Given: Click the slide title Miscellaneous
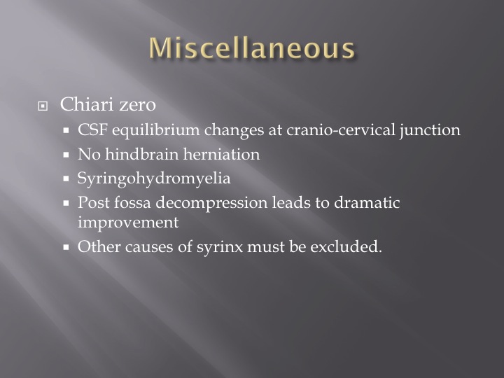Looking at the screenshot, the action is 252,48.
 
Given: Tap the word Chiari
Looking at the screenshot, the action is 87,104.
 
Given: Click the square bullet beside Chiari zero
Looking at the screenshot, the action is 43,106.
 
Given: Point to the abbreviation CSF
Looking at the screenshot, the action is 92,130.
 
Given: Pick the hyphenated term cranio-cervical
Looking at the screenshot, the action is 341,130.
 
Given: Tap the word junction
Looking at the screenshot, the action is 430,131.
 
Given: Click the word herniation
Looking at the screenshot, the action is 221,154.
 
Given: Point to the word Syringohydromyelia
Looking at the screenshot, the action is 154,179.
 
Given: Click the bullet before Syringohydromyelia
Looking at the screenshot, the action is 66,178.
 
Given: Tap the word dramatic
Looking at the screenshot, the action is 367,203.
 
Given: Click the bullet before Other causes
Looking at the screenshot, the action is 66,248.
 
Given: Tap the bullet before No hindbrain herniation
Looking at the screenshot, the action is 66,155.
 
